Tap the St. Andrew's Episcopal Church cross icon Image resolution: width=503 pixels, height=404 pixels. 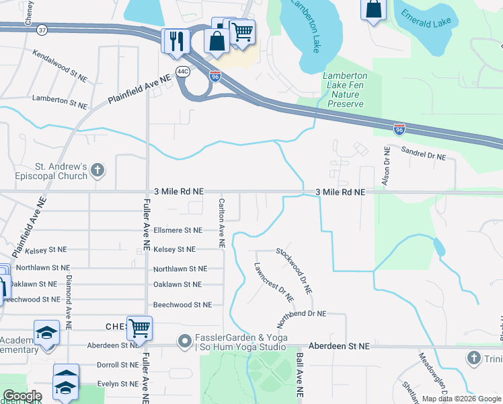(98, 169)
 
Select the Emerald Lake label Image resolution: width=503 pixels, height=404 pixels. (426, 18)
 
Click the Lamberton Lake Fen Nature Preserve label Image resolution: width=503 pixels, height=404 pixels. (345, 90)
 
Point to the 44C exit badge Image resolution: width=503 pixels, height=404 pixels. (183, 70)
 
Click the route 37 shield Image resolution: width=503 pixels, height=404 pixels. (42, 30)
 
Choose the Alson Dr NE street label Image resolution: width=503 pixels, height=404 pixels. (386, 167)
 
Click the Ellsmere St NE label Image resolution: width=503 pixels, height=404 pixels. (178, 230)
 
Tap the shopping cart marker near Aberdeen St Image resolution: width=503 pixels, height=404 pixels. (139, 329)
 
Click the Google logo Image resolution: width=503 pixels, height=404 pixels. (22, 396)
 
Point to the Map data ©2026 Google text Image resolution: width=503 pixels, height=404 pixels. (461, 399)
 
